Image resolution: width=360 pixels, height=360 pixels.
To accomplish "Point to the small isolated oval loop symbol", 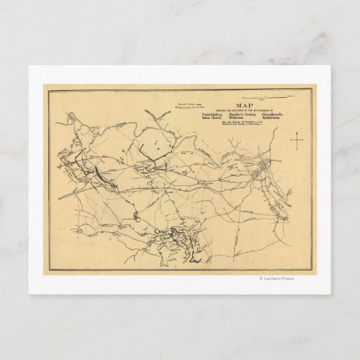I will (x=136, y=216).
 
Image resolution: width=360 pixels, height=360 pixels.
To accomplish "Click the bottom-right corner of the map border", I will (x=314, y=270).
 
